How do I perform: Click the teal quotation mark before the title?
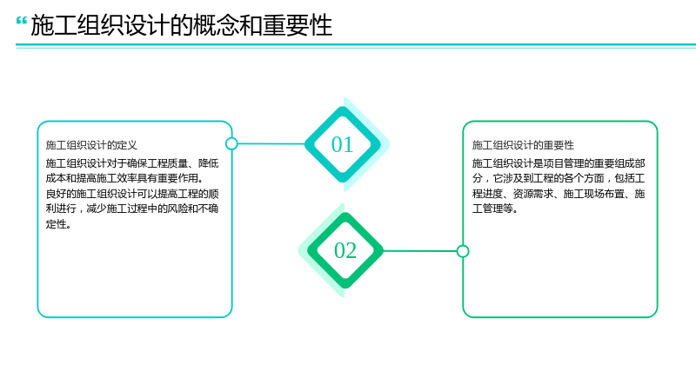click(x=21, y=21)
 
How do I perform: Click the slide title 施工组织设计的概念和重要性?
click(x=182, y=25)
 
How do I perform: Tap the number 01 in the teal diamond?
click(x=342, y=144)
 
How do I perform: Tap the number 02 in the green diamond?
click(x=345, y=250)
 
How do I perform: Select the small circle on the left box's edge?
click(x=231, y=143)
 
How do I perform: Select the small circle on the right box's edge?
click(x=463, y=251)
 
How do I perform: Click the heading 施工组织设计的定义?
click(x=91, y=145)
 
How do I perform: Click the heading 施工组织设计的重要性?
click(x=523, y=145)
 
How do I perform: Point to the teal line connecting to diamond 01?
click(x=271, y=143)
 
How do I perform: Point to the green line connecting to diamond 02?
click(x=419, y=251)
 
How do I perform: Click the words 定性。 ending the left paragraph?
click(x=58, y=224)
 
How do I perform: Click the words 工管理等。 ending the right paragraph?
click(x=495, y=209)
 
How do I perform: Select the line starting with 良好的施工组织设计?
click(x=132, y=194)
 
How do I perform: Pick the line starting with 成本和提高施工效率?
click(x=124, y=178)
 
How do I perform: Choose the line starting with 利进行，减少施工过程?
click(x=132, y=209)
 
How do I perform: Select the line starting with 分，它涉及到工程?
click(x=559, y=178)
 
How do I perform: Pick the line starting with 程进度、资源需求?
click(x=559, y=194)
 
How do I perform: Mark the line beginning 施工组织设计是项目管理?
click(x=559, y=163)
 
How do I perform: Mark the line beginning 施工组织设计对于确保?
click(x=132, y=163)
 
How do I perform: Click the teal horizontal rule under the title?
click(x=356, y=45)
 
